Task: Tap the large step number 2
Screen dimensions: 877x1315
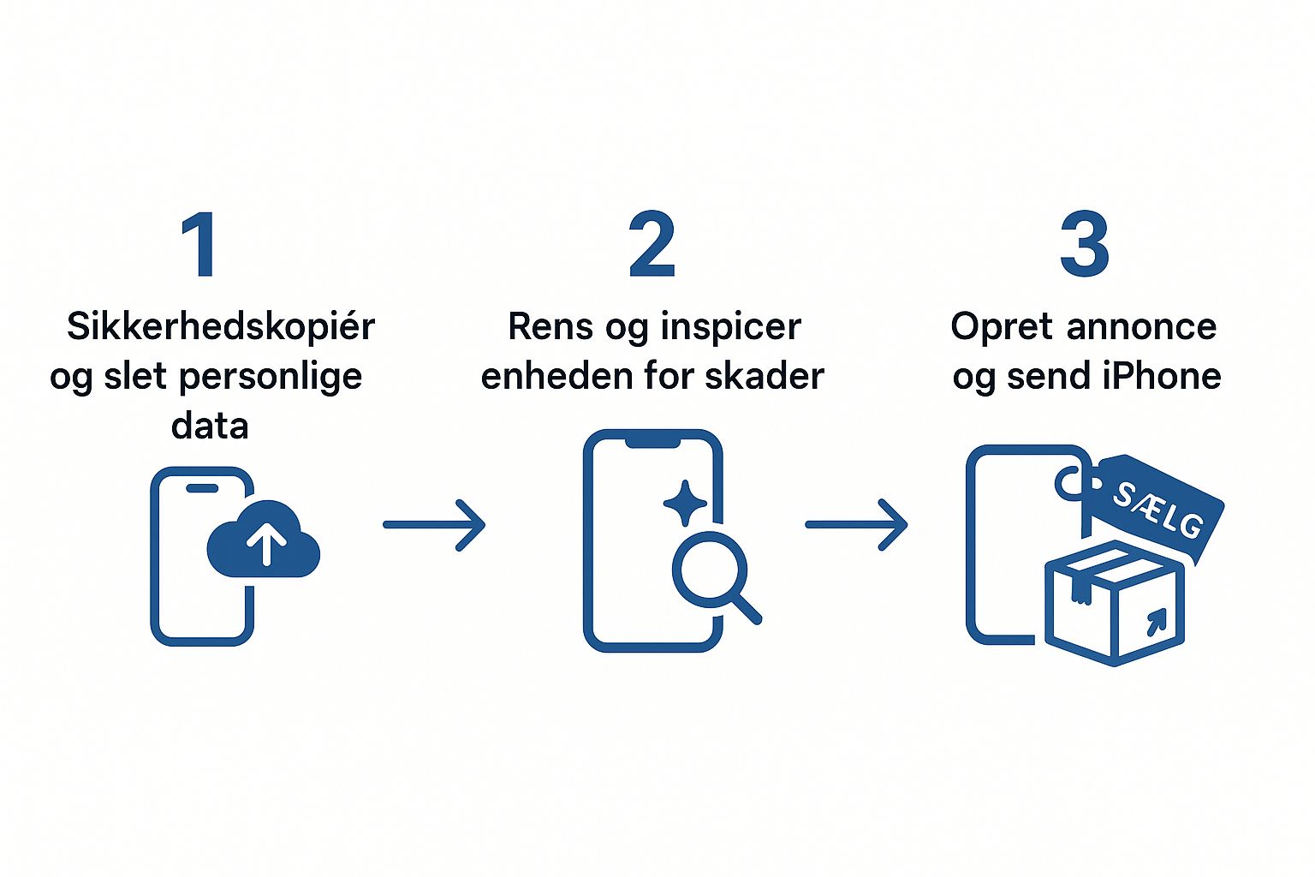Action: coord(652,245)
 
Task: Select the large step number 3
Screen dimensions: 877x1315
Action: coord(1085,245)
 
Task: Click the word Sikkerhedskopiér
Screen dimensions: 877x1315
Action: coord(221,326)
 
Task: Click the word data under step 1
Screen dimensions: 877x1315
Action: coord(210,426)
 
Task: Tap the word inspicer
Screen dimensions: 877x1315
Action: coord(730,327)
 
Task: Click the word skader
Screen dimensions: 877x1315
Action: coord(772,376)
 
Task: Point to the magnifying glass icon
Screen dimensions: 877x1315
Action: coord(713,571)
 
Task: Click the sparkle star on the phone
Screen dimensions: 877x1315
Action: coord(685,503)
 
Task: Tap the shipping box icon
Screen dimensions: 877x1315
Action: coord(1115,603)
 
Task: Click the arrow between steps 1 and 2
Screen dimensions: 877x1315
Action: coord(434,524)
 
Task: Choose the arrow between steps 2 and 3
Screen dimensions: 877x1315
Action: coord(856,524)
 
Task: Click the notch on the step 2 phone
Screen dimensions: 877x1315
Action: coord(652,441)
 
